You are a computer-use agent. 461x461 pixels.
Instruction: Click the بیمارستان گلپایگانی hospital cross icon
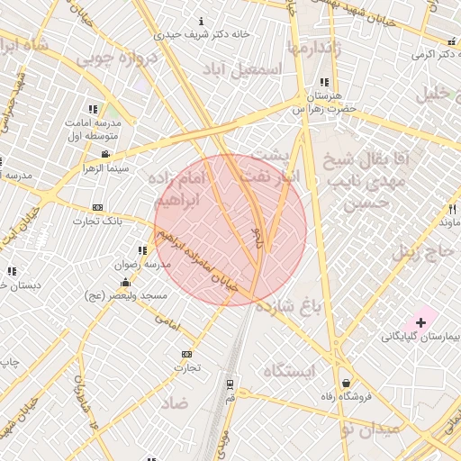[x=420, y=321]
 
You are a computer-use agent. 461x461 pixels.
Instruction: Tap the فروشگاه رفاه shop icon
[x=347, y=383]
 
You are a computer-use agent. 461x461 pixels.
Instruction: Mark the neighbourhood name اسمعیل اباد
[x=241, y=69]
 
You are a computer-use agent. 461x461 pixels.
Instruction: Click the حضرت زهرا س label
[x=324, y=108]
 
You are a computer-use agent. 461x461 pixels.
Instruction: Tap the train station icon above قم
[x=230, y=384]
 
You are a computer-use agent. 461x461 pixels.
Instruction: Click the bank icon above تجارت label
[x=186, y=354]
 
